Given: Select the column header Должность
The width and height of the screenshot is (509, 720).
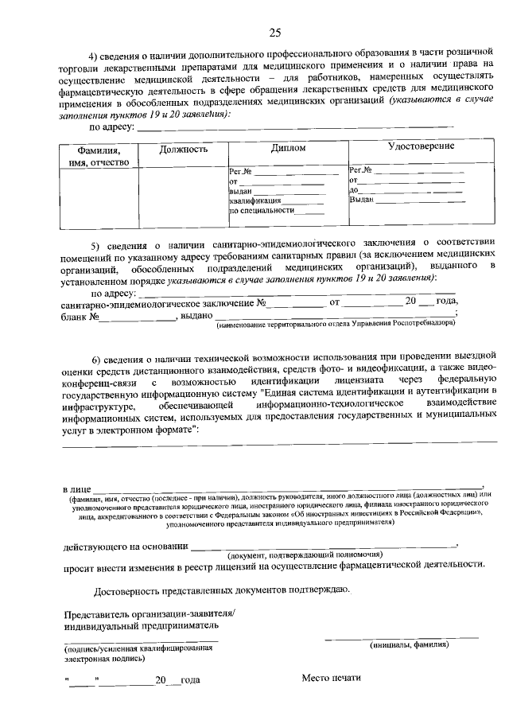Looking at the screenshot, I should (x=183, y=149).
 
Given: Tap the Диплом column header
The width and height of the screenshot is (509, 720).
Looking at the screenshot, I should (x=287, y=149).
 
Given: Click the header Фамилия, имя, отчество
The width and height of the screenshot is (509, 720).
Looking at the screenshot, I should (x=99, y=157).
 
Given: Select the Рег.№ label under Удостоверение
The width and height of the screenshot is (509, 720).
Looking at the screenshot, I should (x=362, y=169).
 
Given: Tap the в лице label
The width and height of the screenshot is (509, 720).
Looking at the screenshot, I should (x=77, y=487).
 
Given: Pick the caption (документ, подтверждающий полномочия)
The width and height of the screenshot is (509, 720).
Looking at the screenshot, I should (x=301, y=555).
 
